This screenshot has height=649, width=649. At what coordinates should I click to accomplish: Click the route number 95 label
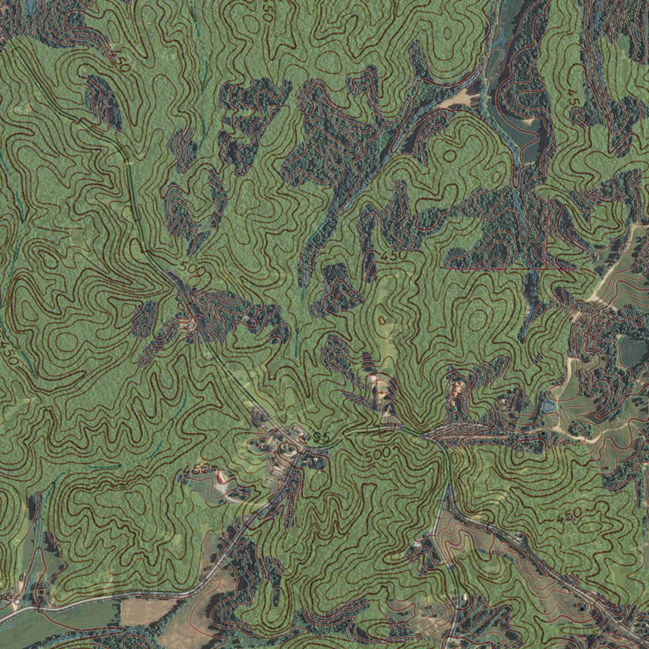321,437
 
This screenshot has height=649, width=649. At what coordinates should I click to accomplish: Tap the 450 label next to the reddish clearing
198,470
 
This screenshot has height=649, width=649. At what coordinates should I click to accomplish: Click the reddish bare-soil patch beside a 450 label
221,477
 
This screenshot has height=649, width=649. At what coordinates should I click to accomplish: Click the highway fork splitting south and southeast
448,494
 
